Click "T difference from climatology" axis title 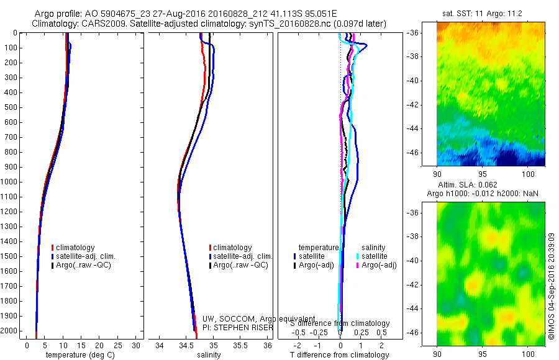click(x=339, y=355)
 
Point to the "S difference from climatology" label click(x=340, y=323)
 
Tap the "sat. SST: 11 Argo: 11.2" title click(x=491, y=13)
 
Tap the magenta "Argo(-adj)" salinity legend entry click(x=379, y=266)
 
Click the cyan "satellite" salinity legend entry click(x=374, y=256)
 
